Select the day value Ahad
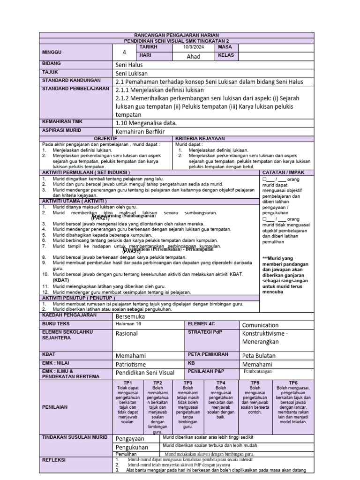tap(193, 56)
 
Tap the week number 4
tap(124, 52)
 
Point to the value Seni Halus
tap(129, 65)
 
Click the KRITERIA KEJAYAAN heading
tap(200, 139)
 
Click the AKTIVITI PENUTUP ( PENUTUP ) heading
tap(79, 298)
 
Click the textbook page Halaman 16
tap(128, 324)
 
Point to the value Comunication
tap(260, 325)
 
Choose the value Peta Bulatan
tap(259, 355)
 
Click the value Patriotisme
tap(131, 364)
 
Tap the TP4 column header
tap(221, 382)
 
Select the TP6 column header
tap(293, 382)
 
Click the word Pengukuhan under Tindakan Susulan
tap(132, 447)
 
